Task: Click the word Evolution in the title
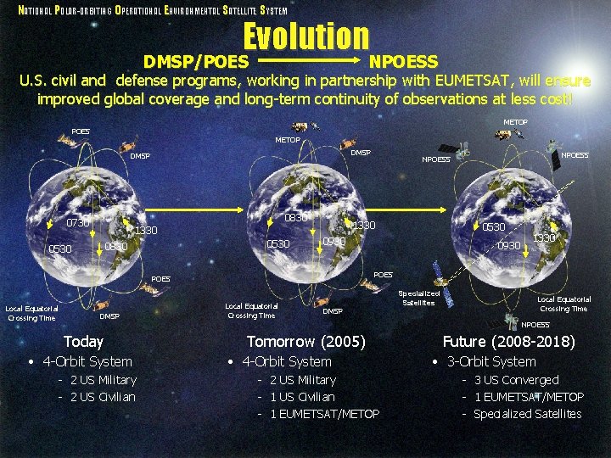pyautogui.click(x=306, y=36)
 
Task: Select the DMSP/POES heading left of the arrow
pyautogui.click(x=196, y=62)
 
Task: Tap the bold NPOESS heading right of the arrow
pyautogui.click(x=403, y=62)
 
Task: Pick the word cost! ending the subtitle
pyautogui.click(x=552, y=98)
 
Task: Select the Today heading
pyautogui.click(x=83, y=342)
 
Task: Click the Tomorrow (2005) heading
pyautogui.click(x=305, y=342)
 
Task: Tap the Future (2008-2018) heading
pyautogui.click(x=508, y=342)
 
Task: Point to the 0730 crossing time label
pyautogui.click(x=78, y=222)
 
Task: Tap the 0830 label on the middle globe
pyautogui.click(x=295, y=218)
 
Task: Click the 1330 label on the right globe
pyautogui.click(x=544, y=238)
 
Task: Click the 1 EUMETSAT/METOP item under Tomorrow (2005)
pyautogui.click(x=324, y=414)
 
